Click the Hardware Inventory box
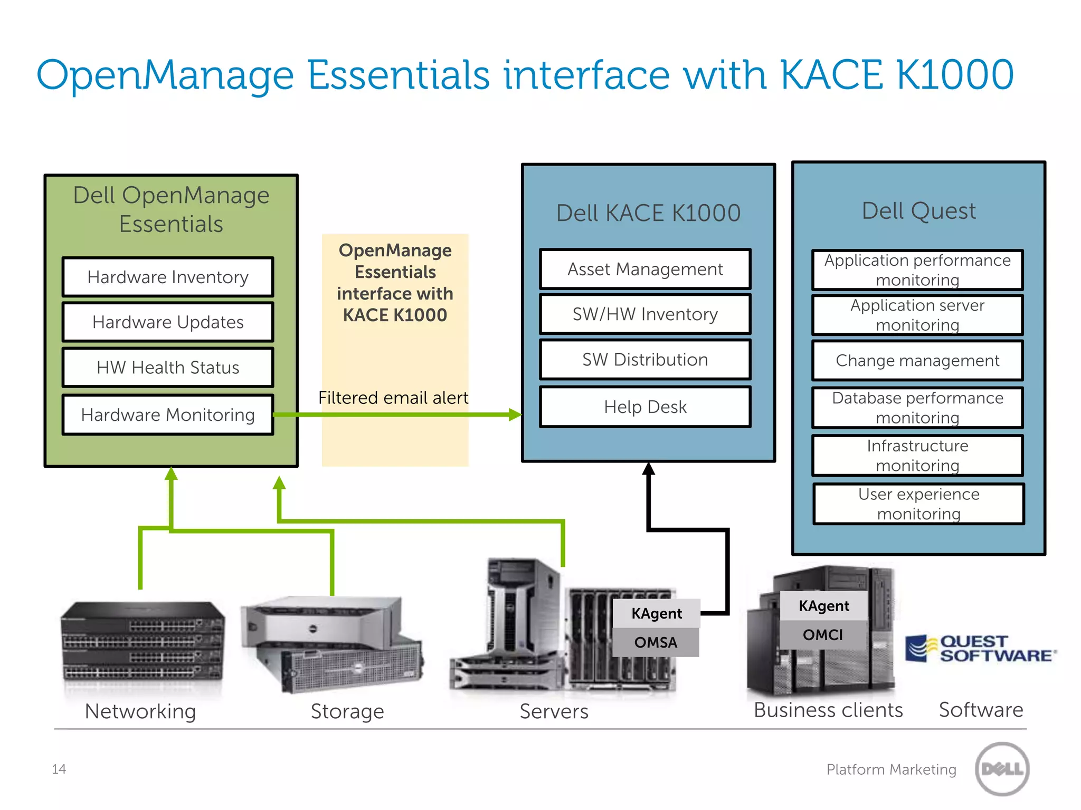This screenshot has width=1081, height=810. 168,277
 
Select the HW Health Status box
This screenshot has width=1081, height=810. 168,368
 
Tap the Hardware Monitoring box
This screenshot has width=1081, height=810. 168,415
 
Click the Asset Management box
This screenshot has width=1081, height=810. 645,269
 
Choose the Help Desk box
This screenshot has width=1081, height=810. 645,407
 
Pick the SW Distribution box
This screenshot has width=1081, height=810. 645,360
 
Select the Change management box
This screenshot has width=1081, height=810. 917,361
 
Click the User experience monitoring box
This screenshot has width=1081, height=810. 918,504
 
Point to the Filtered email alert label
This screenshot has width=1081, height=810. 393,398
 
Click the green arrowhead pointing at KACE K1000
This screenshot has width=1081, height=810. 515,414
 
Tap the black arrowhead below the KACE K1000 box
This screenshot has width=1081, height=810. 649,469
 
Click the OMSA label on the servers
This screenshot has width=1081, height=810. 656,642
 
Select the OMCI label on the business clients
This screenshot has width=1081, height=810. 823,635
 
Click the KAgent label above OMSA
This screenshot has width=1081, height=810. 657,613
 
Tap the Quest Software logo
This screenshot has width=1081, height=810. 981,649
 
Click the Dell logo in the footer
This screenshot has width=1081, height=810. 1002,769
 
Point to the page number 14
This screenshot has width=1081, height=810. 59,769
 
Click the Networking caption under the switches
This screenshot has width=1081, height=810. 140,711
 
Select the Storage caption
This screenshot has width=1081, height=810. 347,711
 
